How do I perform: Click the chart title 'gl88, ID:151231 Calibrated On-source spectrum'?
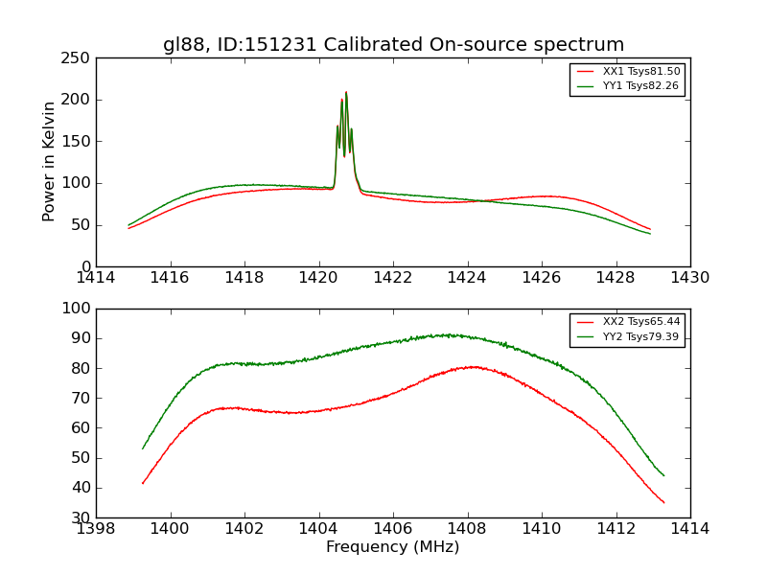coord(393,45)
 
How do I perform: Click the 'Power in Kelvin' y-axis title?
coord(49,162)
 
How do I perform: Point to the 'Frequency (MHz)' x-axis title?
coord(393,547)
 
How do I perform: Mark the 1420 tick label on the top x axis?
coord(319,278)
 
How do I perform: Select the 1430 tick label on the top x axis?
coord(689,278)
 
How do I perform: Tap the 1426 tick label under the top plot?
coord(542,278)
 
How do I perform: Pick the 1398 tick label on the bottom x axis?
coord(97,528)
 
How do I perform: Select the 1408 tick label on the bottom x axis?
coord(468,528)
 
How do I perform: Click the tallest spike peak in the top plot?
coord(346,92)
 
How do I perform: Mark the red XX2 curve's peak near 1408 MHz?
coord(473,366)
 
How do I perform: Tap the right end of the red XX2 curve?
coord(663,502)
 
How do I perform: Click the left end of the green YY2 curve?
coord(143,448)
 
